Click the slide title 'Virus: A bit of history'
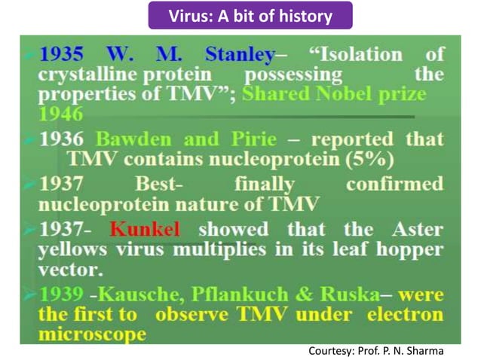coord(240,15)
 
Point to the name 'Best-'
coord(158,185)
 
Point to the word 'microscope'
coord(91,332)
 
